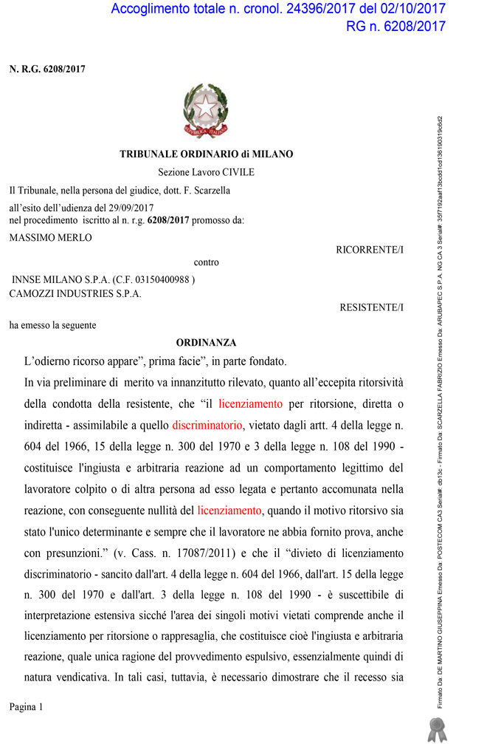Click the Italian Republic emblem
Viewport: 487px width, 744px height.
coord(206,112)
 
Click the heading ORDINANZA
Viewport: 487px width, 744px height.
coord(206,343)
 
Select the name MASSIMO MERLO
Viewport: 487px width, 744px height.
coord(51,238)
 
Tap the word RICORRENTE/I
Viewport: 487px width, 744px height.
coord(370,250)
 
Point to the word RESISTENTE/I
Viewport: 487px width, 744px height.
coord(371,307)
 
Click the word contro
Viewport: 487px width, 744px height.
coord(206,262)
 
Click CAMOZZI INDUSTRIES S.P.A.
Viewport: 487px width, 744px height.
coord(75,293)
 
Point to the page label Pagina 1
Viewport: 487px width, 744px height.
coord(27,707)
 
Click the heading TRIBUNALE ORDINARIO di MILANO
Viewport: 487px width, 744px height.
coord(206,154)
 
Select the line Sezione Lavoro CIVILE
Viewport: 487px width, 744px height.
coord(206,172)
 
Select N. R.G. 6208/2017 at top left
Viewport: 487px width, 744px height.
coord(47,69)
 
